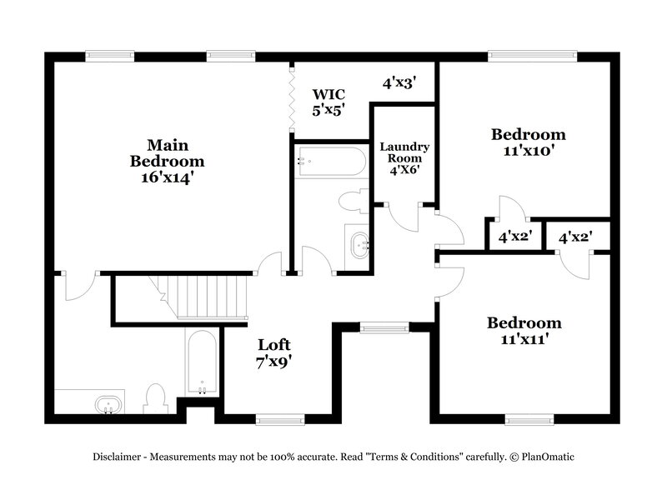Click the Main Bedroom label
pyautogui.click(x=167, y=152)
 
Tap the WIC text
pyautogui.click(x=328, y=93)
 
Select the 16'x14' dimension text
pyautogui.click(x=167, y=177)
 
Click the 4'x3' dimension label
pyautogui.click(x=399, y=82)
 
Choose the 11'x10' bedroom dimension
pyautogui.click(x=528, y=151)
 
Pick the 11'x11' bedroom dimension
pyautogui.click(x=524, y=339)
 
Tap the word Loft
pyautogui.click(x=274, y=344)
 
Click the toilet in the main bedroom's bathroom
pyautogui.click(x=156, y=397)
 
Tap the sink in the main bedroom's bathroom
pyautogui.click(x=107, y=406)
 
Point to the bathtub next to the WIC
pyautogui.click(x=331, y=161)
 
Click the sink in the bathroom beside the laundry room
pyautogui.click(x=360, y=245)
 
